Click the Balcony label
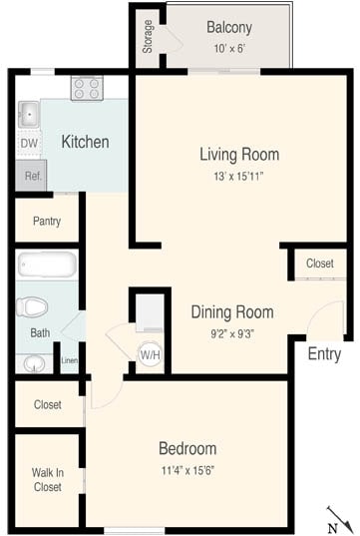[x=228, y=28]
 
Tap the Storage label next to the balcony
[x=148, y=36]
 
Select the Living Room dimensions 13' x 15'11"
[x=238, y=176]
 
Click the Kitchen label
[x=85, y=142]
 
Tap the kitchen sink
[x=29, y=113]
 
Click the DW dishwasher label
[x=28, y=144]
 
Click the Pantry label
[x=47, y=221]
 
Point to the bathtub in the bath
[x=47, y=266]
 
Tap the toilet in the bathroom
[x=35, y=306]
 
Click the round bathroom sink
[x=33, y=361]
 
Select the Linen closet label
[x=69, y=360]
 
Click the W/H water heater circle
[x=150, y=354]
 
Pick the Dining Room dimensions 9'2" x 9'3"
[x=231, y=334]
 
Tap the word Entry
[x=324, y=354]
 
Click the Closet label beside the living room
[x=319, y=264]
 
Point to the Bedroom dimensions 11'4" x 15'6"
[x=186, y=470]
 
